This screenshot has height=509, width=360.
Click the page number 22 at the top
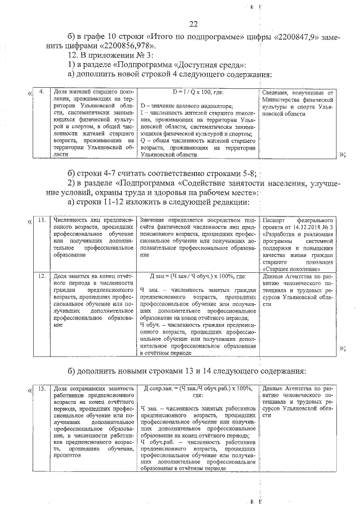point(193,24)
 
